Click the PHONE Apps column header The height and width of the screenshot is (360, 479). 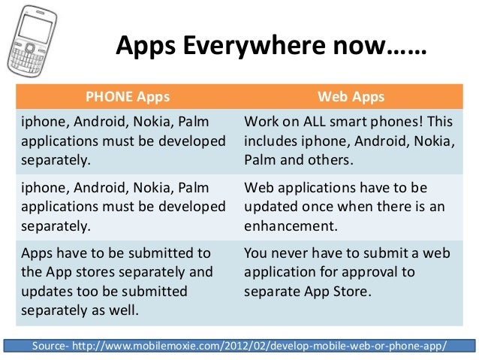(128, 97)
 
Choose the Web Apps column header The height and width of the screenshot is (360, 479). (351, 97)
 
